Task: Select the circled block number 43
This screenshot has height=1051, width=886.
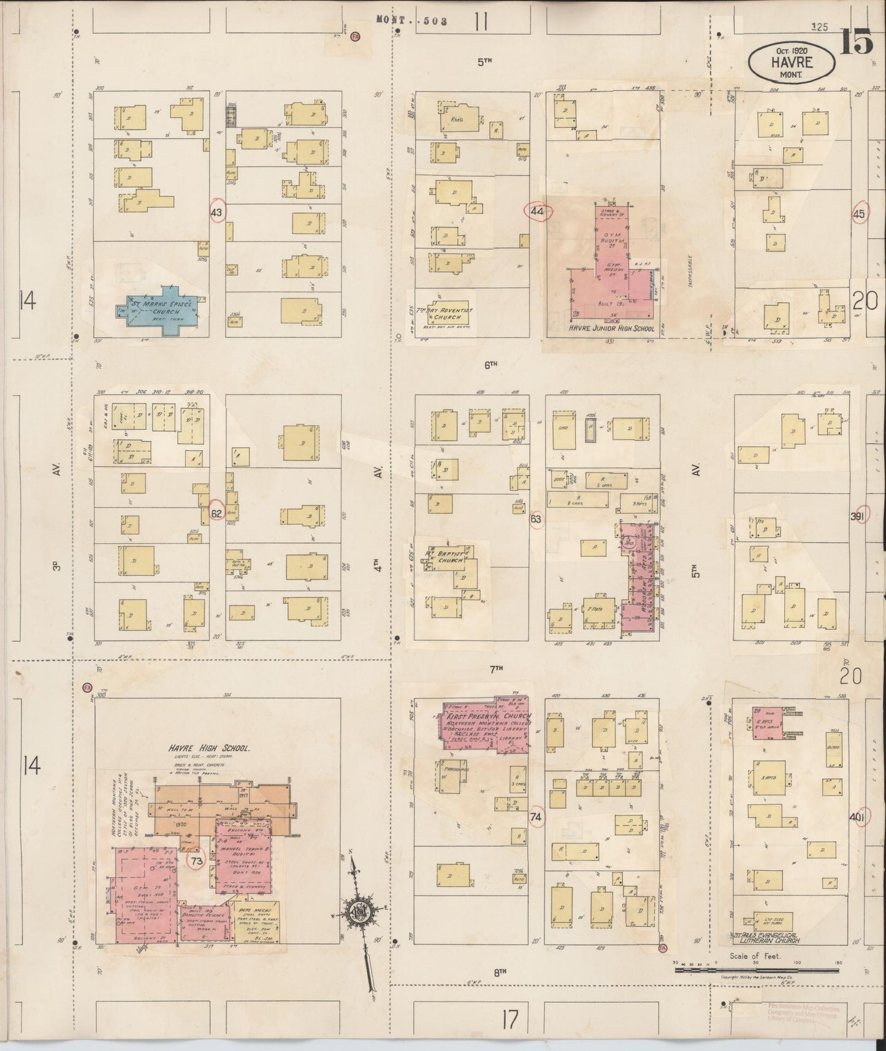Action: [217, 212]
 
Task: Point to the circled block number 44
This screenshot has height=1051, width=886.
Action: [538, 212]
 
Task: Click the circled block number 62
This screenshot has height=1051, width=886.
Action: [216, 514]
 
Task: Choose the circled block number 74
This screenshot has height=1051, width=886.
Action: [537, 817]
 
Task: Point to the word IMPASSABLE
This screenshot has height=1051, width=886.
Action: [690, 272]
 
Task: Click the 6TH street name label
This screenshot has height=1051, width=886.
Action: [489, 364]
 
